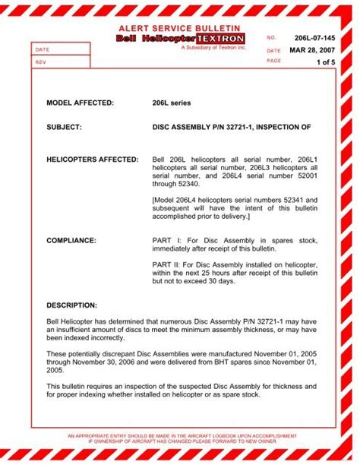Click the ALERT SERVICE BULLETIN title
click(x=180, y=27)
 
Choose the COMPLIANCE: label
click(x=71, y=240)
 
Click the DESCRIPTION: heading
click(x=72, y=305)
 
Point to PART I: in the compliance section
click(x=166, y=240)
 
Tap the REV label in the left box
click(x=40, y=62)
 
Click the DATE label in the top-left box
click(x=42, y=49)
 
